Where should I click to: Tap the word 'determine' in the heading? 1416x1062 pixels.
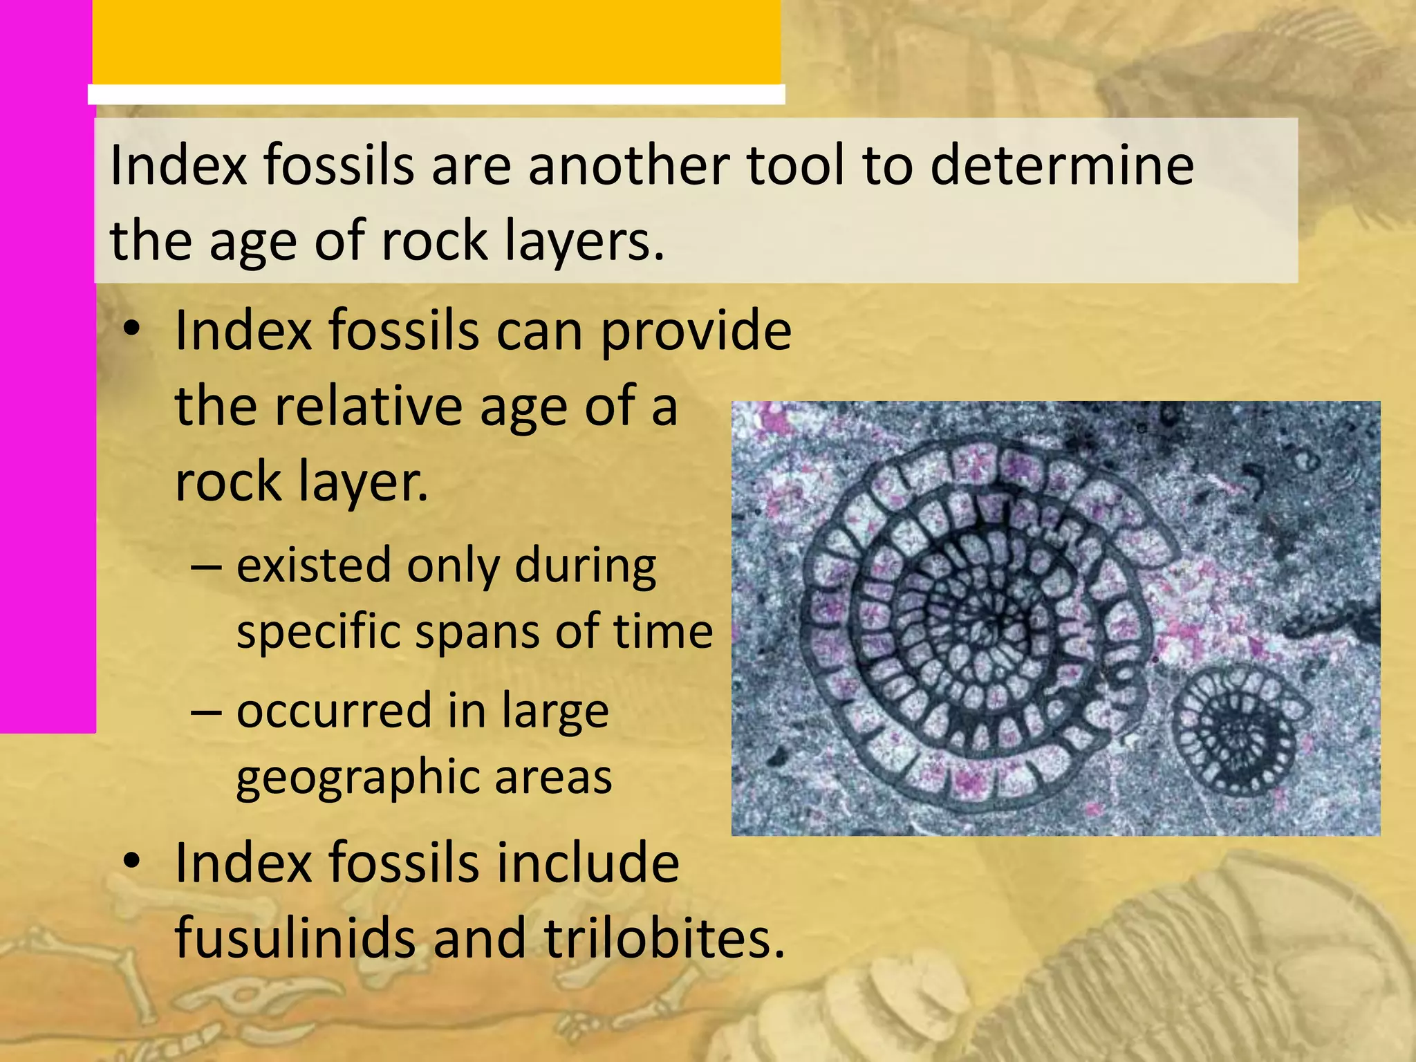point(1062,166)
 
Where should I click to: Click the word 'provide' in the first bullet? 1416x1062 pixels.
point(696,332)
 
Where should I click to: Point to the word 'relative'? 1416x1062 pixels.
point(367,407)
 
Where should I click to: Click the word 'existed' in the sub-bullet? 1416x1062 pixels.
point(315,566)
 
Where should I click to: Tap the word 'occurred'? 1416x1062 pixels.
point(325,711)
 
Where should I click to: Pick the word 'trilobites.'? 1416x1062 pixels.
point(664,939)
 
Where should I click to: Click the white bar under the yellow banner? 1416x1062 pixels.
point(436,95)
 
